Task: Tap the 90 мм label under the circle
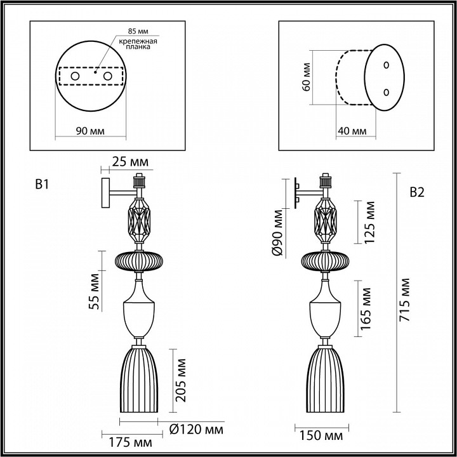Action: pyautogui.click(x=90, y=131)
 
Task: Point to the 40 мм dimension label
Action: pyautogui.click(x=351, y=131)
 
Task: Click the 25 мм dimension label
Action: pyautogui.click(x=126, y=163)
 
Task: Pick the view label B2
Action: pyautogui.click(x=417, y=192)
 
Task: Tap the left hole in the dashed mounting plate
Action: pyautogui.click(x=75, y=77)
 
